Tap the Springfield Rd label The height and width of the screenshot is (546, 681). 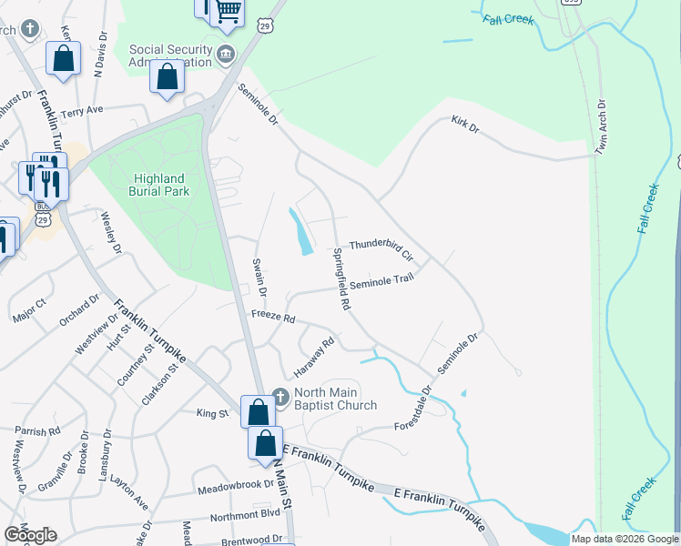pos(341,279)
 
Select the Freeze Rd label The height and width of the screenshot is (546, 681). pos(274,319)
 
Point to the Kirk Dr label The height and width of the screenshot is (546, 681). pos(464,125)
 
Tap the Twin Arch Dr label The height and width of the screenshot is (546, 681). pos(600,126)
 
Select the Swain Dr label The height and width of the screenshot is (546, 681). pos(259,277)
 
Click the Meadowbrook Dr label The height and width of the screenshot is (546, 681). pos(235,488)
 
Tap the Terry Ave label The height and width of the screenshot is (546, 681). pos(83,111)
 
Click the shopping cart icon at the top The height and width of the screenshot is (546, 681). pos(229,11)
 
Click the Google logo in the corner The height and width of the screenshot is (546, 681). pos(30,534)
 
